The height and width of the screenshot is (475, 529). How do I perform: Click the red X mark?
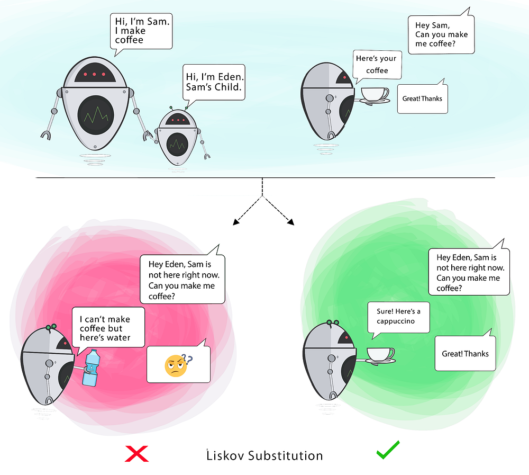136,454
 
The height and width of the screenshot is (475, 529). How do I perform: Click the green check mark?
387,450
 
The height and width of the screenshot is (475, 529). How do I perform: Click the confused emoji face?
175,365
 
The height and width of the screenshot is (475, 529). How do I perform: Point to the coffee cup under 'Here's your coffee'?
374,94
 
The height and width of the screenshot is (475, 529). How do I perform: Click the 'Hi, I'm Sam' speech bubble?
141,31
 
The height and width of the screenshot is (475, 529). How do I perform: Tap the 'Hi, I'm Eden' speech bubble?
214,84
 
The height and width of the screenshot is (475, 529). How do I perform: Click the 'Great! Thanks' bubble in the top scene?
422,98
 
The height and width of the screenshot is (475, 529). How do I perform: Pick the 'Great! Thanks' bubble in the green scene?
465,354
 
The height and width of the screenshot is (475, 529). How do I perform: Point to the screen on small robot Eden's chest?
177,142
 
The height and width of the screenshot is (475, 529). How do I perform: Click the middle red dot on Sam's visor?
94,74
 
